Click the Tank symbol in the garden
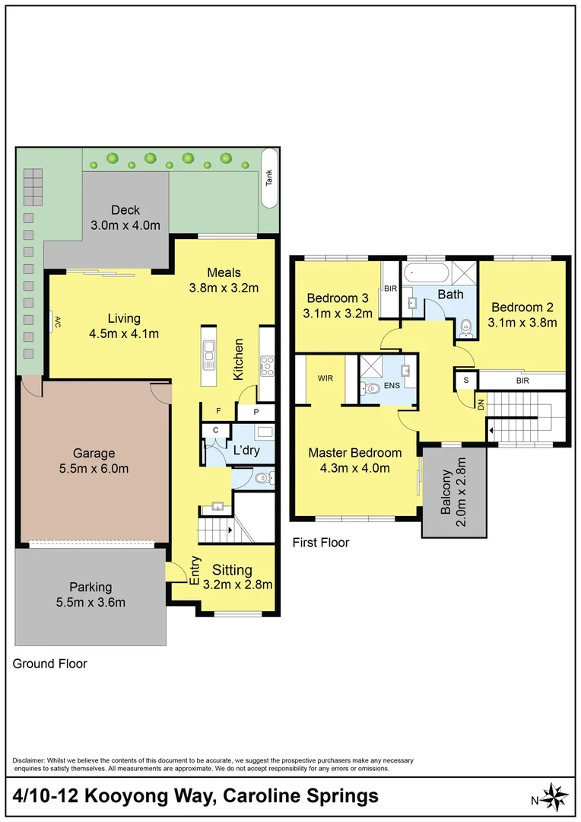coord(268,178)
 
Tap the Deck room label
coord(125,210)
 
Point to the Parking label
coord(90,587)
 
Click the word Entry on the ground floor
coord(195,571)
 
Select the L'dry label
coord(246,450)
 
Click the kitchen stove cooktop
coord(267,367)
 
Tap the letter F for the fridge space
coord(218,412)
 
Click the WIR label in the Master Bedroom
coord(325,377)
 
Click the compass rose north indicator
coord(554,797)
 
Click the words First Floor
coord(321,543)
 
